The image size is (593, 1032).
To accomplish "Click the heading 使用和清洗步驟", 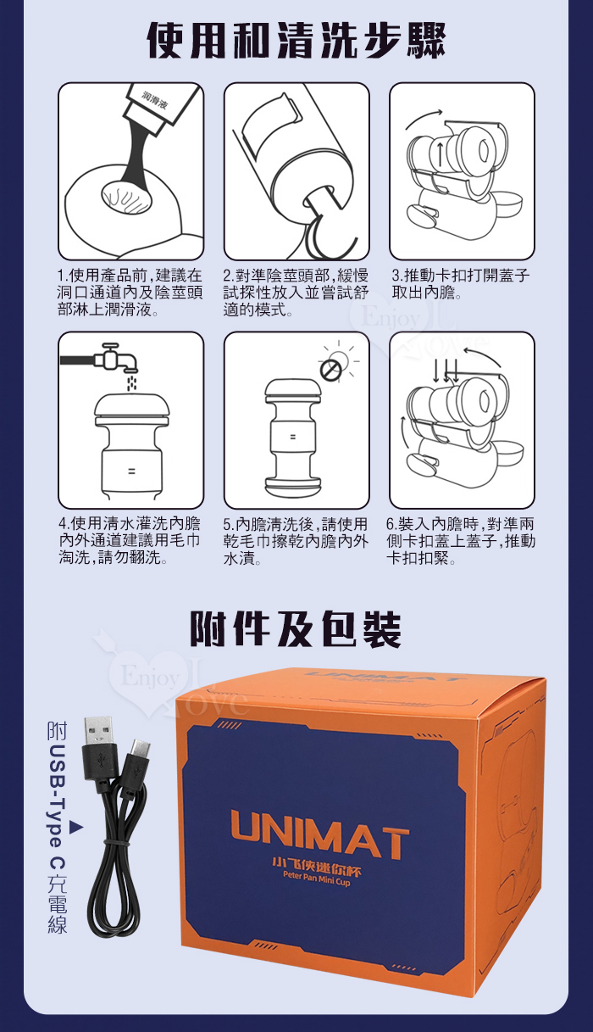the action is pyautogui.click(x=296, y=42).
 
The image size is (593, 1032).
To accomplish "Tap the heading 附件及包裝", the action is pyautogui.click(x=296, y=629).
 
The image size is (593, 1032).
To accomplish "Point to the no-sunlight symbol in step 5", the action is pyautogui.click(x=330, y=370).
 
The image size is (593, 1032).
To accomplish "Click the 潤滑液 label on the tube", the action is pyautogui.click(x=155, y=101).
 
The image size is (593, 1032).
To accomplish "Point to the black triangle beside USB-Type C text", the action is pyautogui.click(x=76, y=828).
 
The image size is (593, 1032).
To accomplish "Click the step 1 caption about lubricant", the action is pyautogui.click(x=130, y=293).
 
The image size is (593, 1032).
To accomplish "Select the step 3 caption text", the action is pyautogui.click(x=460, y=284).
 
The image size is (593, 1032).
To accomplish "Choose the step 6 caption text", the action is pyautogui.click(x=460, y=541).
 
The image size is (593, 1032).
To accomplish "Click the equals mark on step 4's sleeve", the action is pyautogui.click(x=131, y=471).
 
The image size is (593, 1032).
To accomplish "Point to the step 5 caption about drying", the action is pyautogui.click(x=296, y=541).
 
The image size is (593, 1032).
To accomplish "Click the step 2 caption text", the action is pyautogui.click(x=296, y=293).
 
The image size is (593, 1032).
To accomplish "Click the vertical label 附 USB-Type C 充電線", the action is pyautogui.click(x=58, y=829).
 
